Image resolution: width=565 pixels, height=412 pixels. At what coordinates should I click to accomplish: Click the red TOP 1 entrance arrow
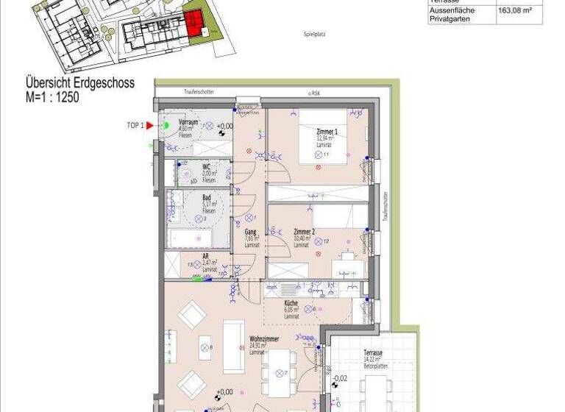point(149,126)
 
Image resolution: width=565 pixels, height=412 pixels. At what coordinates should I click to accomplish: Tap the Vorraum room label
point(188,123)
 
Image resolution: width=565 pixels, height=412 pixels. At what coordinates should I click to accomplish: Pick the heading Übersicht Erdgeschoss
point(80,83)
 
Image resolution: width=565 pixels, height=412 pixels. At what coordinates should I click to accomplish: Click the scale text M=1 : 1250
point(52,96)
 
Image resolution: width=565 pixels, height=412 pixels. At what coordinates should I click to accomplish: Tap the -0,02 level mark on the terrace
point(340,380)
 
